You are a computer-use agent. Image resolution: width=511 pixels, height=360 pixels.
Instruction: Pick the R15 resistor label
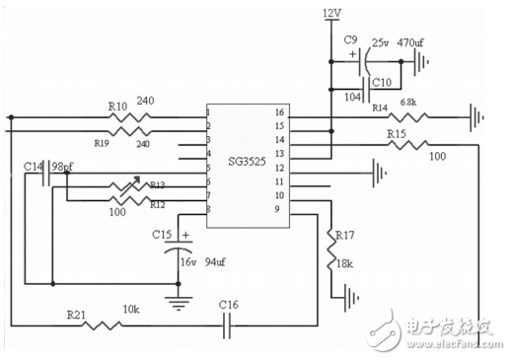click(x=397, y=133)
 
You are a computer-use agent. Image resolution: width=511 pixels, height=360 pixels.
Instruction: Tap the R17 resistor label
click(x=344, y=237)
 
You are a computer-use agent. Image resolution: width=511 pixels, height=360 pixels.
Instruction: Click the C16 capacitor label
click(x=229, y=304)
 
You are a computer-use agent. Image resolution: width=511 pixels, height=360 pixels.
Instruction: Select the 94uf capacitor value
click(x=216, y=263)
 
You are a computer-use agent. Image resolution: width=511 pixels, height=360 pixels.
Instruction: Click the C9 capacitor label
click(x=350, y=39)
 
